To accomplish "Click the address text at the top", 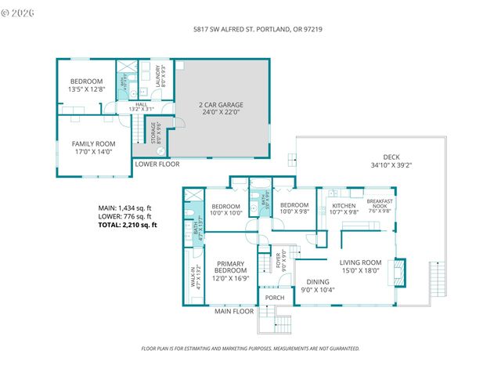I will click(x=258, y=29).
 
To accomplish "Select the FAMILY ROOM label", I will click(x=93, y=148).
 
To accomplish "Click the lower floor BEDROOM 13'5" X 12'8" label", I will click(x=86, y=85).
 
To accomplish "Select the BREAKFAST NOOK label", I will click(x=379, y=206).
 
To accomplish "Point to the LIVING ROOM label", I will click(x=360, y=266).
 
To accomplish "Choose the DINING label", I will click(x=318, y=287).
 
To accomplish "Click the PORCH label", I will click(x=274, y=298).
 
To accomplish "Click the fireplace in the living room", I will click(x=400, y=271).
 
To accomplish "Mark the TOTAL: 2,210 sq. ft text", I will click(x=128, y=225).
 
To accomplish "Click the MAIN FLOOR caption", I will click(x=235, y=312).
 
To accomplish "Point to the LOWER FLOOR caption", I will click(x=157, y=164).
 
